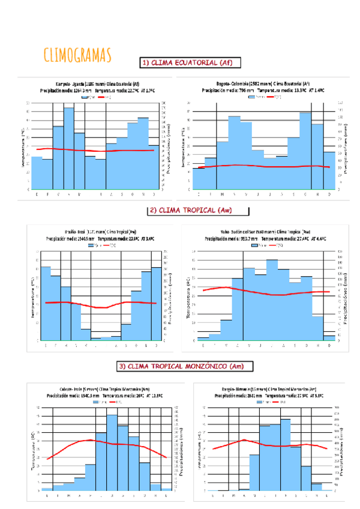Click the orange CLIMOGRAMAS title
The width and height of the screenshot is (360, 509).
(78, 55)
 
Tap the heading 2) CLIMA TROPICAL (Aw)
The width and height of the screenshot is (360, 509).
(190, 210)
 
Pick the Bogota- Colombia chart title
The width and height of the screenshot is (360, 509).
(263, 84)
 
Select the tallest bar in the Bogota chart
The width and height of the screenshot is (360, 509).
(306, 150)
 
